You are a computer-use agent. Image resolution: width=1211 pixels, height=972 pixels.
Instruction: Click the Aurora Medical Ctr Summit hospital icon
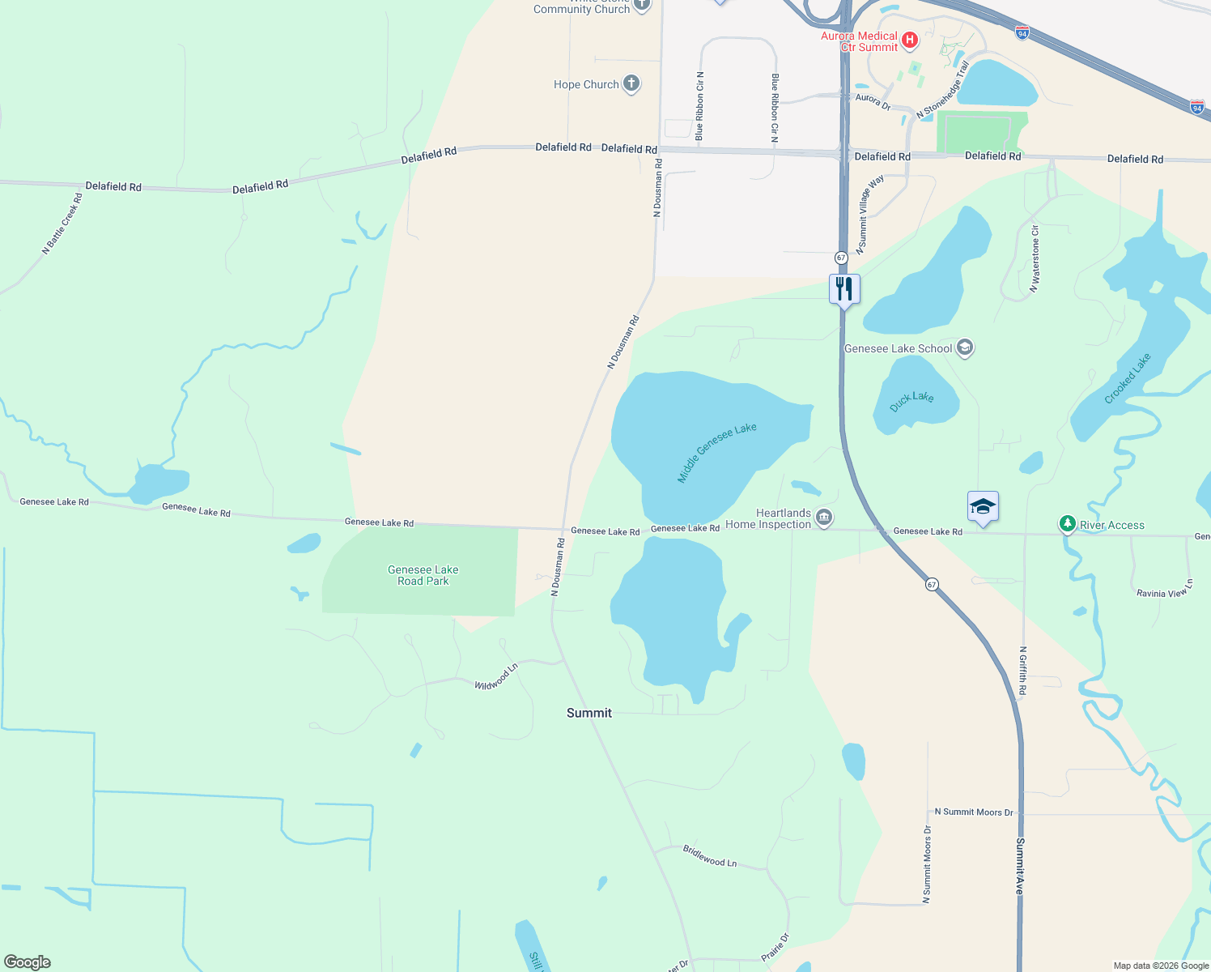pyautogui.click(x=910, y=40)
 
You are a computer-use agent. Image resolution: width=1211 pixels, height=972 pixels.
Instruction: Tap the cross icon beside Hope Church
pyautogui.click(x=631, y=83)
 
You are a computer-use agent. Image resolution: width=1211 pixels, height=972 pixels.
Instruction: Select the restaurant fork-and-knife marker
pyautogui.click(x=844, y=289)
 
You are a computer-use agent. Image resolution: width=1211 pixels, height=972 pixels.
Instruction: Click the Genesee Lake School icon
pyautogui.click(x=964, y=348)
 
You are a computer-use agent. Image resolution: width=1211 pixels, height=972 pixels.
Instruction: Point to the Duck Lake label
pyautogui.click(x=911, y=401)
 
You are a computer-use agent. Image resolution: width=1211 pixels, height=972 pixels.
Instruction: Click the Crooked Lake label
pyautogui.click(x=1127, y=378)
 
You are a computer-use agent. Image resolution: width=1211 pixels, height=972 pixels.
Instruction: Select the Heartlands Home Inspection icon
pyautogui.click(x=824, y=518)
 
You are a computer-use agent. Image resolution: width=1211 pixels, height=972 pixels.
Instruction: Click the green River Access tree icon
pyautogui.click(x=1068, y=525)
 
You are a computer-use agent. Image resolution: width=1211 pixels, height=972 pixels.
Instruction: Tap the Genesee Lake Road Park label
pyautogui.click(x=423, y=575)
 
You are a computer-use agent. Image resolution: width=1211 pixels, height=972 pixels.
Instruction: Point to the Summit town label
pyautogui.click(x=589, y=713)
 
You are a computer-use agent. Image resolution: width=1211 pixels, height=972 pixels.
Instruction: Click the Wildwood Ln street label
pyautogui.click(x=496, y=677)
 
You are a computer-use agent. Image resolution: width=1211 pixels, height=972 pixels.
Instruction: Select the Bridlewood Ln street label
pyautogui.click(x=709, y=856)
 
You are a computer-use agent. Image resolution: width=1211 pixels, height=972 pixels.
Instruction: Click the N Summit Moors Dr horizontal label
pyautogui.click(x=973, y=812)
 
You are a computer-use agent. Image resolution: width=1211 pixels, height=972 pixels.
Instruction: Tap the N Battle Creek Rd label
pyautogui.click(x=62, y=224)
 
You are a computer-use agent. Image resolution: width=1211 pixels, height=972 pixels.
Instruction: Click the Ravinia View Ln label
pyautogui.click(x=1164, y=589)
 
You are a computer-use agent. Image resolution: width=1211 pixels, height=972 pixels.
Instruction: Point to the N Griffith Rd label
pyautogui.click(x=1022, y=671)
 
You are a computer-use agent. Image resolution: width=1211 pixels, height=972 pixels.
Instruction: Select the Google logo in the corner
pyautogui.click(x=28, y=962)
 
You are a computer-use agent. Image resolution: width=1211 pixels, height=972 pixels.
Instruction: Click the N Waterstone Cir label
pyautogui.click(x=1035, y=259)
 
